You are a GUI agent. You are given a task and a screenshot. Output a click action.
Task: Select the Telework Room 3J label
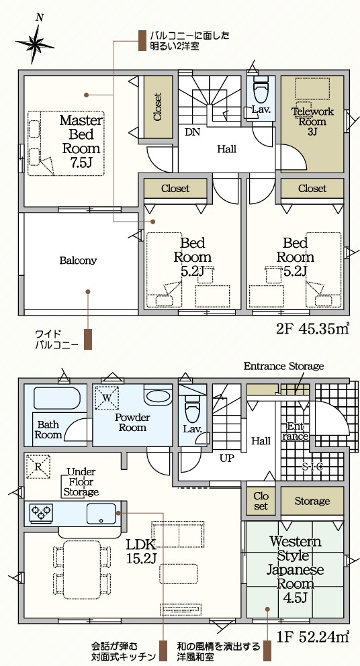click(x=312, y=122)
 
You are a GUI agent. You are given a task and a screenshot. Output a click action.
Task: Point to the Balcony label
click(x=78, y=260)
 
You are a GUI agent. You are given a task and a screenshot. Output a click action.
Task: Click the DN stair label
click(x=193, y=132)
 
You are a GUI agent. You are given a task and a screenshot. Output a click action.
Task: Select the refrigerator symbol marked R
click(x=38, y=467)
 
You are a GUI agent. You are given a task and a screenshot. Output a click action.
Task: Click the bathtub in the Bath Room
click(x=55, y=398)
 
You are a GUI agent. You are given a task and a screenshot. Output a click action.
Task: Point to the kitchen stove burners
click(x=41, y=512)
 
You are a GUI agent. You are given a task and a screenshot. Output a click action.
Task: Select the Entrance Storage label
click(x=283, y=366)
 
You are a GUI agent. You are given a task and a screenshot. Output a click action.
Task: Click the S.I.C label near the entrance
click(x=312, y=467)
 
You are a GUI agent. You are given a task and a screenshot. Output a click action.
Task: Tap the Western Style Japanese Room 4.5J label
click(x=296, y=569)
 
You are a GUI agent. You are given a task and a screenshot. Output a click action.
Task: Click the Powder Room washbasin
click(x=158, y=395)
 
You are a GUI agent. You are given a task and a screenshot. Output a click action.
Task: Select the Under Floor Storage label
click(x=81, y=482)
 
